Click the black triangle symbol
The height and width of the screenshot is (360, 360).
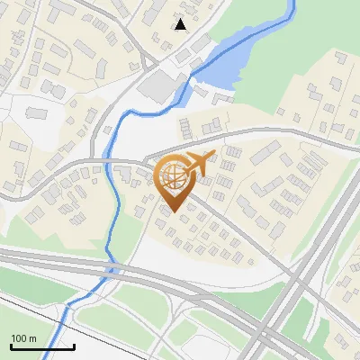point(181,24)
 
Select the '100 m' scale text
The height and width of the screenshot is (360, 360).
point(23,338)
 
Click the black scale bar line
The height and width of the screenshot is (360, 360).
point(42,346)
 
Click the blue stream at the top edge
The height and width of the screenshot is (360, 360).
point(292,4)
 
